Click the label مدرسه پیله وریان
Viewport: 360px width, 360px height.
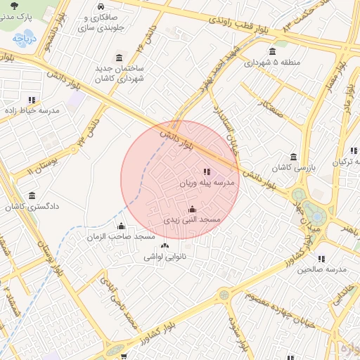coord(207,183)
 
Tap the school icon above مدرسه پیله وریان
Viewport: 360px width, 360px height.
coord(207,172)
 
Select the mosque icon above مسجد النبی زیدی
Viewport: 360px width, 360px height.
coord(193,210)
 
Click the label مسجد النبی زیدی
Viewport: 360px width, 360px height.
coord(193,221)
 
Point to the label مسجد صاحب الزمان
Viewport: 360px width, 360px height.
coord(121,238)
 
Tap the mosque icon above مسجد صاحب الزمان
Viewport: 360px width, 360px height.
coord(121,226)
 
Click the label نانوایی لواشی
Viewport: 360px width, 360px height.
coord(165,257)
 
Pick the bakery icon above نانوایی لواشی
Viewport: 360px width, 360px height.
coord(165,246)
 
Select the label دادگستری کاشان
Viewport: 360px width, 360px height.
coord(32,207)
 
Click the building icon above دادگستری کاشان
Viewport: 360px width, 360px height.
coord(32,196)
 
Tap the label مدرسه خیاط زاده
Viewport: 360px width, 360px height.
coord(32,111)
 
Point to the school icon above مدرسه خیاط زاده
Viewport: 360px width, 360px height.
coord(32,100)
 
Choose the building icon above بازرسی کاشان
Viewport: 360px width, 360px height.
coord(293,157)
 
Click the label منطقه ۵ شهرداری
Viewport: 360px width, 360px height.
coord(273,63)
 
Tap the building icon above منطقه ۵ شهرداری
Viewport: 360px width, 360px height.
coord(273,51)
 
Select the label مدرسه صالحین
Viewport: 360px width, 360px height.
coord(323,269)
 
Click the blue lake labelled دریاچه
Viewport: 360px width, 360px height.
coord(25,39)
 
